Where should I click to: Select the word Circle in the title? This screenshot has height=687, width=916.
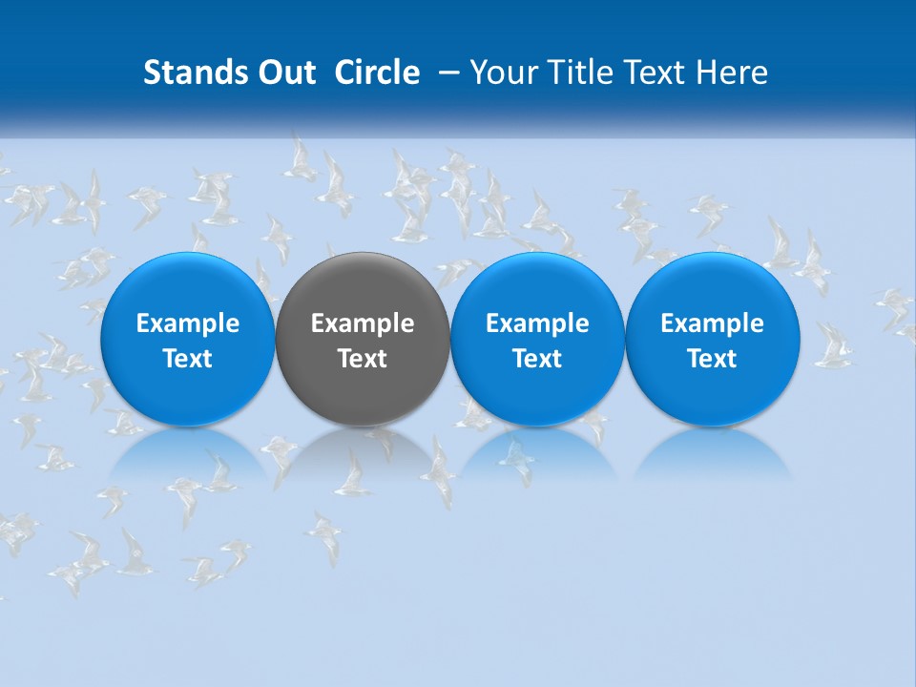[x=377, y=73]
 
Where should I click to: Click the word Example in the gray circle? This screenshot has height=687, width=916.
[x=363, y=323]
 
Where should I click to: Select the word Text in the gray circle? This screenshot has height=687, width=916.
[x=363, y=359]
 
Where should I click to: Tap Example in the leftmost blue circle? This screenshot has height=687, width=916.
[x=188, y=323]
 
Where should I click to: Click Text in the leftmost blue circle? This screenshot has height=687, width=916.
[x=188, y=359]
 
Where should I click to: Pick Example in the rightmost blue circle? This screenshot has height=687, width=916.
[x=712, y=323]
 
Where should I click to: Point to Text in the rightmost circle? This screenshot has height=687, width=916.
[x=712, y=359]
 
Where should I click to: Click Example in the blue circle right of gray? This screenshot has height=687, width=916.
[x=537, y=323]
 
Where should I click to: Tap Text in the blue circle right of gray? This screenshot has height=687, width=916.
[x=537, y=359]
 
